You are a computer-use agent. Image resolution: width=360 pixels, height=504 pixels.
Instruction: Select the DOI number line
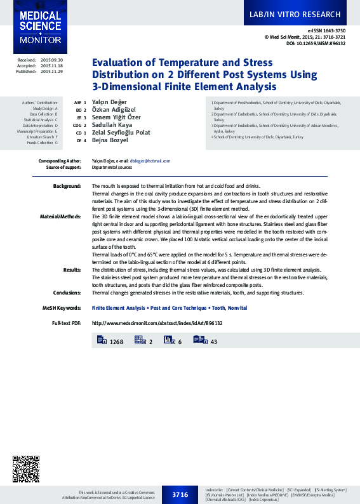315,43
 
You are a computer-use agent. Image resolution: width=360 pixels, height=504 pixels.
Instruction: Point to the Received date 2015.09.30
51,60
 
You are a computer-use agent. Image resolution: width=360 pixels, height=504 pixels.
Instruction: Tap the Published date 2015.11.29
51,72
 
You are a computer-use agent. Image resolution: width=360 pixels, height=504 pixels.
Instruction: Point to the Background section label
67,186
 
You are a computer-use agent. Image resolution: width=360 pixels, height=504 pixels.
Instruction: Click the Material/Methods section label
61,216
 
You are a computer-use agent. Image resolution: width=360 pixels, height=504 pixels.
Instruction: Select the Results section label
72,269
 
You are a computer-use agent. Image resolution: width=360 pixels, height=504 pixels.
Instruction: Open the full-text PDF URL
157,323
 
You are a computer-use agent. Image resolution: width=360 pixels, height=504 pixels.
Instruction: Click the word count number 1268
116,342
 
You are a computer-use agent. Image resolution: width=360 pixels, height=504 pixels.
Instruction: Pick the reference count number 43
213,342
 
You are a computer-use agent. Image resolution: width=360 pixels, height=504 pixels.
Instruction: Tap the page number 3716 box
180,494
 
